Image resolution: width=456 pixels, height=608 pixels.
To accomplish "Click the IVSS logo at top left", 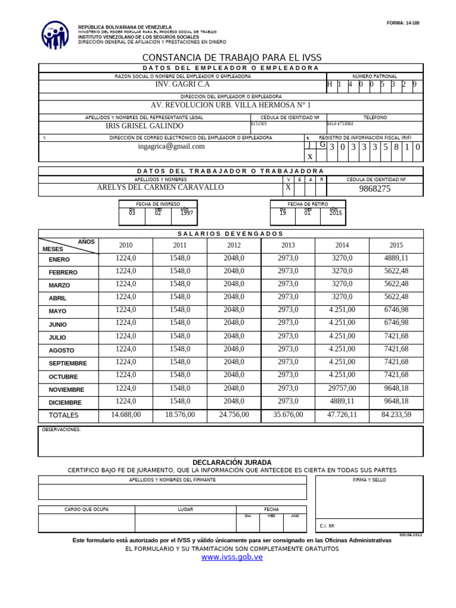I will pyautogui.click(x=55, y=35).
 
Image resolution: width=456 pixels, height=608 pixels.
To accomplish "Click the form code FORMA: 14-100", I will pyautogui.click(x=403, y=23).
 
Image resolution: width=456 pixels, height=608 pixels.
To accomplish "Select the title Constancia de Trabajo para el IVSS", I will pyautogui.click(x=230, y=58).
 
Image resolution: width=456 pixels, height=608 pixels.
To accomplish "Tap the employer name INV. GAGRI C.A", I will pyautogui.click(x=182, y=84).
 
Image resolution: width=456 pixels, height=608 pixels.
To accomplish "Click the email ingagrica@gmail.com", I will pyautogui.click(x=171, y=146).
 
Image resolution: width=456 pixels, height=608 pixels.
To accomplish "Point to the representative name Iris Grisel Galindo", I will pyautogui.click(x=144, y=126).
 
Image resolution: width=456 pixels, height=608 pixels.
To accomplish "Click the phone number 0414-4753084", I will pyautogui.click(x=340, y=124).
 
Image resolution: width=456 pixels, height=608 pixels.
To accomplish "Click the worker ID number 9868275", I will pyautogui.click(x=375, y=189).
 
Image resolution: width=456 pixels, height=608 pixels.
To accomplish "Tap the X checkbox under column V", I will pyautogui.click(x=289, y=188).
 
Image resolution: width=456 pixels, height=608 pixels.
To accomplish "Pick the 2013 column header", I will pyautogui.click(x=288, y=245).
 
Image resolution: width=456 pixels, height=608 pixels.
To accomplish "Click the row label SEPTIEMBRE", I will pyautogui.click(x=68, y=363).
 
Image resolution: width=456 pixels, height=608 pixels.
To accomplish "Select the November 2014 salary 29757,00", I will pyautogui.click(x=342, y=388).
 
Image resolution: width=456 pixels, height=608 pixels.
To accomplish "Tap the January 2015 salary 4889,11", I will pyautogui.click(x=396, y=258).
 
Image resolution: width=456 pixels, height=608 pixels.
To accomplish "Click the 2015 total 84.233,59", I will pyautogui.click(x=396, y=414).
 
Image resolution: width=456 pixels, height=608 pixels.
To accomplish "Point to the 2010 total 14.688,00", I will pyautogui.click(x=126, y=414).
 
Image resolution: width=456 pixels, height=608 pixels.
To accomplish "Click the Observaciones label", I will pyautogui.click(x=61, y=429).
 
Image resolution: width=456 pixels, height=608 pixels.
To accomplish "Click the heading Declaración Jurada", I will pyautogui.click(x=232, y=462).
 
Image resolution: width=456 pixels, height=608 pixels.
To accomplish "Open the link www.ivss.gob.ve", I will pyautogui.click(x=232, y=557).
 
